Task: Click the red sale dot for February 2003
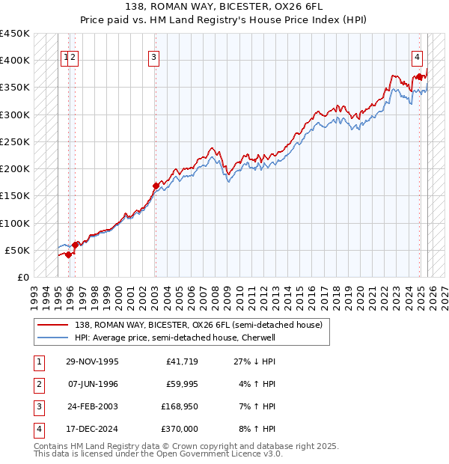156,186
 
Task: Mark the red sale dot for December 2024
419,76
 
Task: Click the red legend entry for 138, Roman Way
198,325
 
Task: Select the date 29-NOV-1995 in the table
92,361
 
